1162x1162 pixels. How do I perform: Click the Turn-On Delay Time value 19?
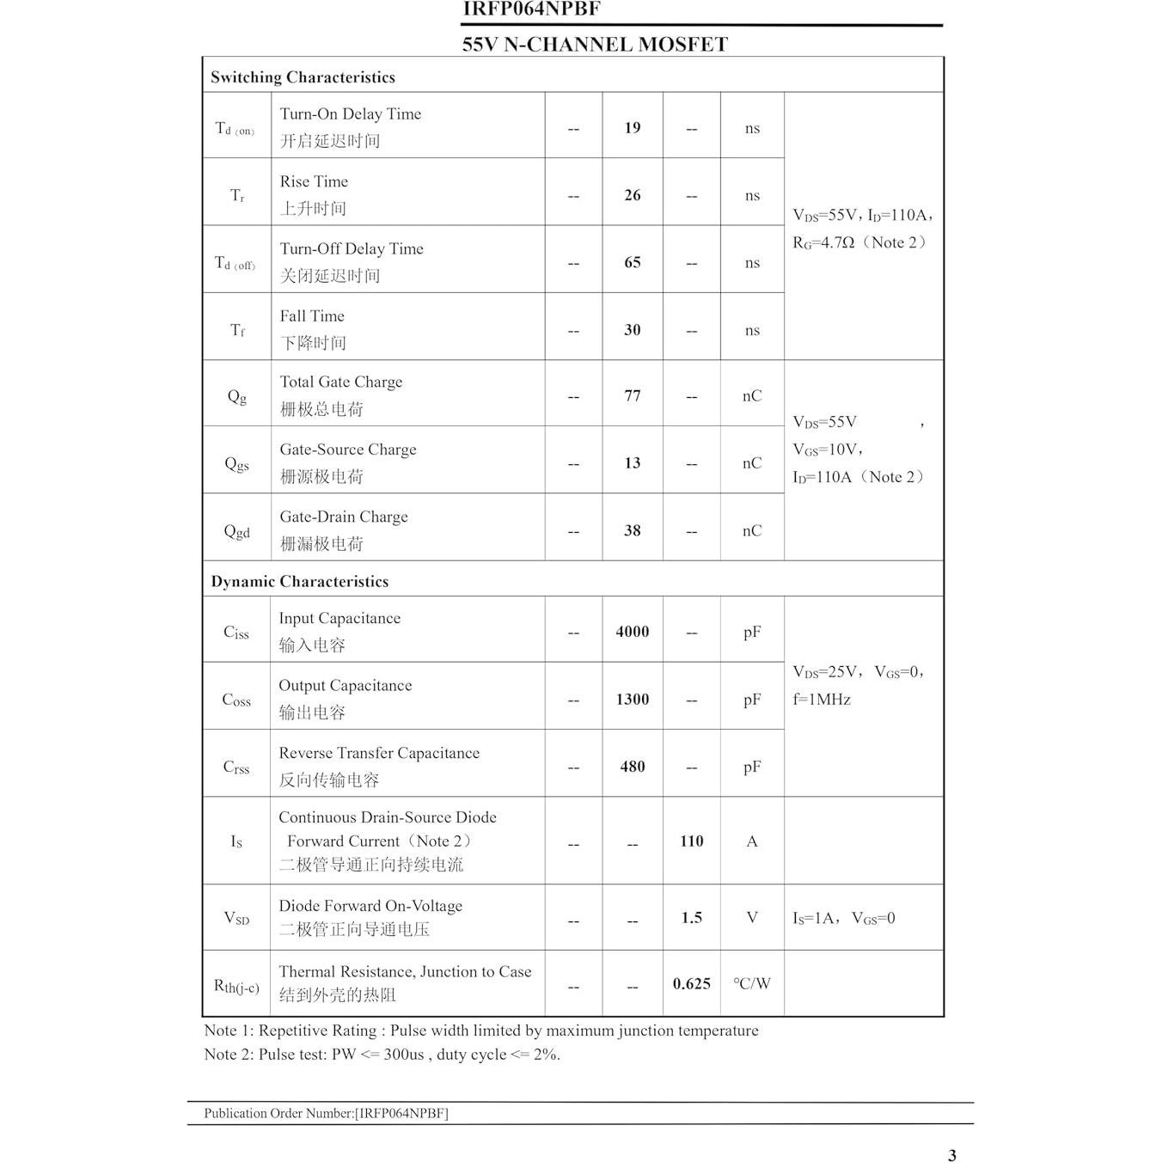pos(632,128)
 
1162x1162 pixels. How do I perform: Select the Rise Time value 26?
pos(632,195)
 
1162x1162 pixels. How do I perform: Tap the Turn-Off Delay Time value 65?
pos(632,262)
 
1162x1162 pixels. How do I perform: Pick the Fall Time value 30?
pos(632,330)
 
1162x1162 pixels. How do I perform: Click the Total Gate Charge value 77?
pos(632,396)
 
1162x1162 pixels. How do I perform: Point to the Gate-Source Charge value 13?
pos(632,463)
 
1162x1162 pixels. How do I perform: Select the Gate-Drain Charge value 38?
pos(632,530)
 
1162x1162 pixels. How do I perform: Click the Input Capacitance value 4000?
pos(632,632)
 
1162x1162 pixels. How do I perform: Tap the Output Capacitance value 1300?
pos(632,700)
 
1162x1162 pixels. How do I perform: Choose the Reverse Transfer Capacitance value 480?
pos(632,767)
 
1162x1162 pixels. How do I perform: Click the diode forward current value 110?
pos(691,841)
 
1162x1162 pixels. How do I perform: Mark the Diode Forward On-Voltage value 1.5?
pos(691,918)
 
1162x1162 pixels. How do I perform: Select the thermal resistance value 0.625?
pos(691,984)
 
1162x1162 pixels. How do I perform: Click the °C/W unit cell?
pos(751,984)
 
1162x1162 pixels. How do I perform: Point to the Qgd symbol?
pos(236,531)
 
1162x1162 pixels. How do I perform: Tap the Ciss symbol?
pos(235,633)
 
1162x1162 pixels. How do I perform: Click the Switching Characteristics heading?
pos(303,77)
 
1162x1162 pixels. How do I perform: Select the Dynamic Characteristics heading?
pos(299,582)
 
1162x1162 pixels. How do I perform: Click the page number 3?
pos(951,1155)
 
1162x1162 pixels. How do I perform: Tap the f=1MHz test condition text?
pos(821,700)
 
